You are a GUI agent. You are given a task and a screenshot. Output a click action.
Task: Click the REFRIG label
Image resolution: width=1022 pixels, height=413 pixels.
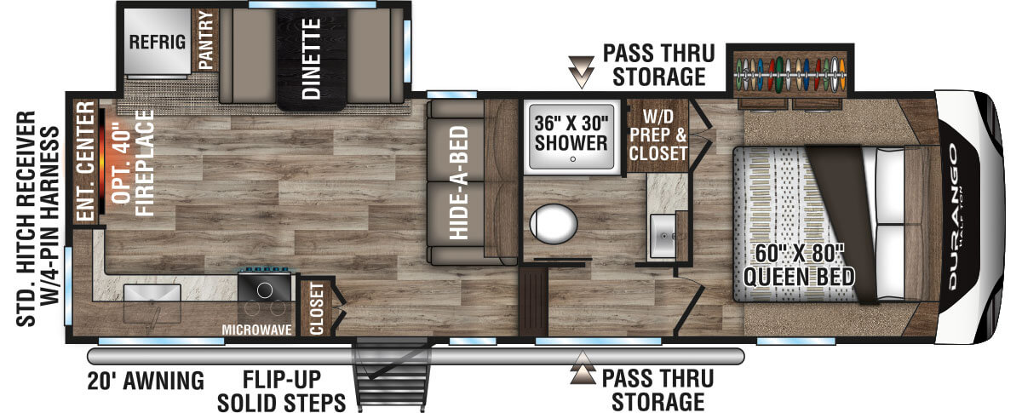click(x=158, y=42)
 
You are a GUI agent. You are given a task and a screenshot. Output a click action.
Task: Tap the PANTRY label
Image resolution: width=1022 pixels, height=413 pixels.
click(x=206, y=40)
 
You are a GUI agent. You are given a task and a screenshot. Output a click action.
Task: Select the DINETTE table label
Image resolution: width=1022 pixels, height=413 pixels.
click(x=312, y=59)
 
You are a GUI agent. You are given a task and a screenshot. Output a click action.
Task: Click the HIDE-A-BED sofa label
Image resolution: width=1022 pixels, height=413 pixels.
click(x=459, y=182)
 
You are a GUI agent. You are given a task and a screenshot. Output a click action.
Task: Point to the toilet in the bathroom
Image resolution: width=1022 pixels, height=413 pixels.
click(x=554, y=224)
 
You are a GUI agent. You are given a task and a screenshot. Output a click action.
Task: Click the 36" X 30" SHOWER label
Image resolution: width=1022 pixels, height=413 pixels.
click(x=571, y=133)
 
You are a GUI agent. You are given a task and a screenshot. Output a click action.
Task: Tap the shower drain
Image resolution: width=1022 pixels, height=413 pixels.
click(x=573, y=159)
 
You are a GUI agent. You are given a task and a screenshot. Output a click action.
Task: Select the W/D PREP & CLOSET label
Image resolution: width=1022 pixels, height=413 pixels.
click(x=657, y=135)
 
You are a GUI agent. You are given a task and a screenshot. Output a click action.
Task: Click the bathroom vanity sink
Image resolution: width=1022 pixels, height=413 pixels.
click(x=663, y=236)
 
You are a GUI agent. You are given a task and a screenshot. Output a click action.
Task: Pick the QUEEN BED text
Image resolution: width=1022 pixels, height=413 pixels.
click(x=799, y=277)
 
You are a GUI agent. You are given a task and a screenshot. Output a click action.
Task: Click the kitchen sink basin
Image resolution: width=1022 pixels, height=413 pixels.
click(x=152, y=293)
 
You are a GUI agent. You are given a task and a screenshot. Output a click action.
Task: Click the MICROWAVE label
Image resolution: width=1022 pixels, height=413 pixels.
click(x=257, y=330)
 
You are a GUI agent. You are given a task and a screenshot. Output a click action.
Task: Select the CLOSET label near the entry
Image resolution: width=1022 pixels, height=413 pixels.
click(x=316, y=308)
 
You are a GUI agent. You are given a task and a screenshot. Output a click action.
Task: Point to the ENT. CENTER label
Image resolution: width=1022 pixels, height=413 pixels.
click(x=85, y=161)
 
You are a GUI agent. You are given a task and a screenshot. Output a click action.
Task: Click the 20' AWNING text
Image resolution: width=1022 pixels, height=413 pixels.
click(x=146, y=381)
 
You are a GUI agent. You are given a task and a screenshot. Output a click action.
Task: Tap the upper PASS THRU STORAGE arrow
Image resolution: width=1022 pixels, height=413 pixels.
click(x=581, y=72)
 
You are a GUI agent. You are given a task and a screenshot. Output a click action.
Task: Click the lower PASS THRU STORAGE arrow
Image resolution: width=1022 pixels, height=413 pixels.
click(x=583, y=368)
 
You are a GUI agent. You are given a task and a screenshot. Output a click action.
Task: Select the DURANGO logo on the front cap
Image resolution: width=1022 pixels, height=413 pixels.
click(x=953, y=217)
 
